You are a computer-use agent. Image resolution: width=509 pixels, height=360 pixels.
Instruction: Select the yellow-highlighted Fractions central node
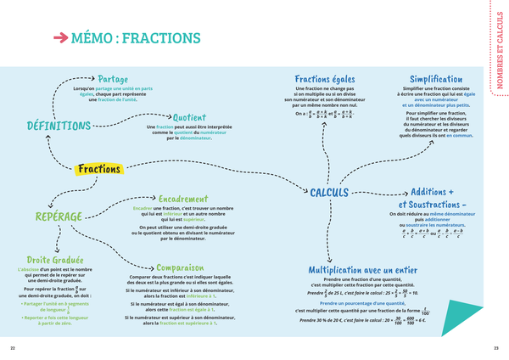tap(99, 169)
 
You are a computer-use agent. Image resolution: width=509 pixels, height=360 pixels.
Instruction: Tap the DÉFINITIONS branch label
tap(59, 126)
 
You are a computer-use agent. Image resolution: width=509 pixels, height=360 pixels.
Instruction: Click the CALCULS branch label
tap(330, 193)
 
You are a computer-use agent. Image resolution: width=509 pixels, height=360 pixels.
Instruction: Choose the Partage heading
tap(113, 79)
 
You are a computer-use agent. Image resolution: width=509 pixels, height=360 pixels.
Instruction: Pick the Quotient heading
tap(195, 117)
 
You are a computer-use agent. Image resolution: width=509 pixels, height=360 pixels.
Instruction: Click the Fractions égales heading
tap(323, 79)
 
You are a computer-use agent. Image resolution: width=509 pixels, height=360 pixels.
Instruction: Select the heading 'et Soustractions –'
tap(433, 205)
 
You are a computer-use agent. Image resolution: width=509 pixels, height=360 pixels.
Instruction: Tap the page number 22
tap(13, 348)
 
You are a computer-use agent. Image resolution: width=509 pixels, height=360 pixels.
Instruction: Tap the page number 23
tap(495, 348)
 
